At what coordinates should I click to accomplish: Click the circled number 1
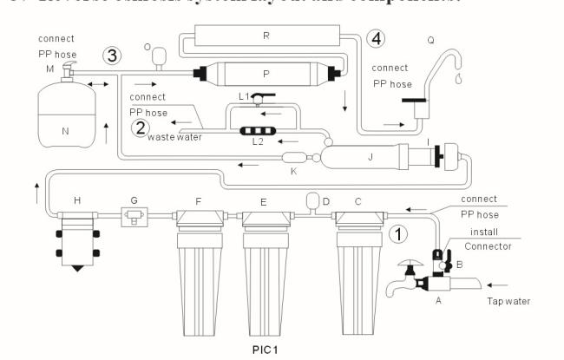coord(397,233)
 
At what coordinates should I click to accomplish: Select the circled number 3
coord(112,54)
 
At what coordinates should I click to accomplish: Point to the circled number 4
coord(373,38)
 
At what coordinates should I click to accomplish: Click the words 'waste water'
coord(173,137)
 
